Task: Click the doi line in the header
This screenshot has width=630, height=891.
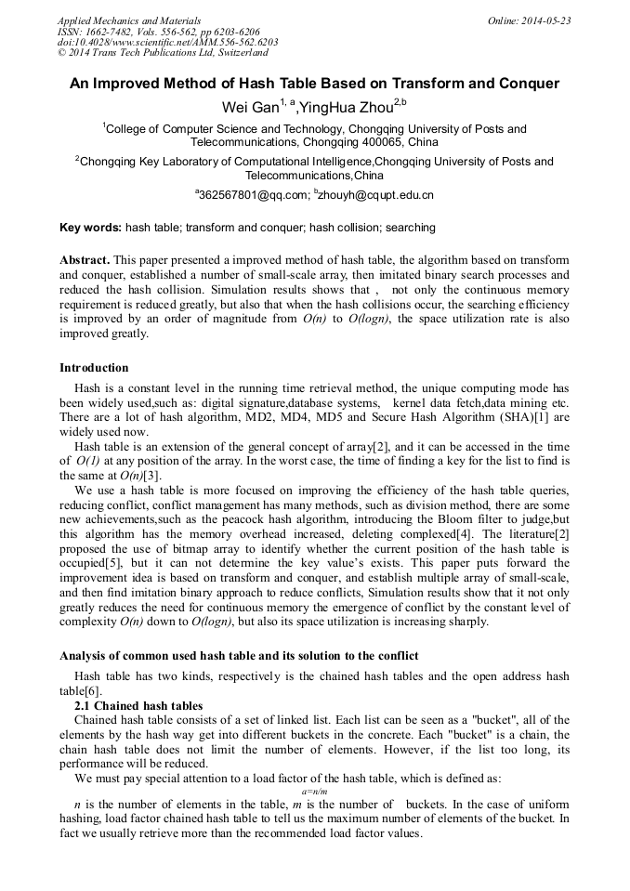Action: tap(167, 43)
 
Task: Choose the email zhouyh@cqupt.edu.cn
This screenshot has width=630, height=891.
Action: tap(375, 196)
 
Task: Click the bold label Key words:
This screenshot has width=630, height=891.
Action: tap(90, 228)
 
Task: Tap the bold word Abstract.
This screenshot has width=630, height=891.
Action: tap(85, 260)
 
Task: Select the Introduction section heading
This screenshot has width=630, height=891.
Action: tap(94, 368)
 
